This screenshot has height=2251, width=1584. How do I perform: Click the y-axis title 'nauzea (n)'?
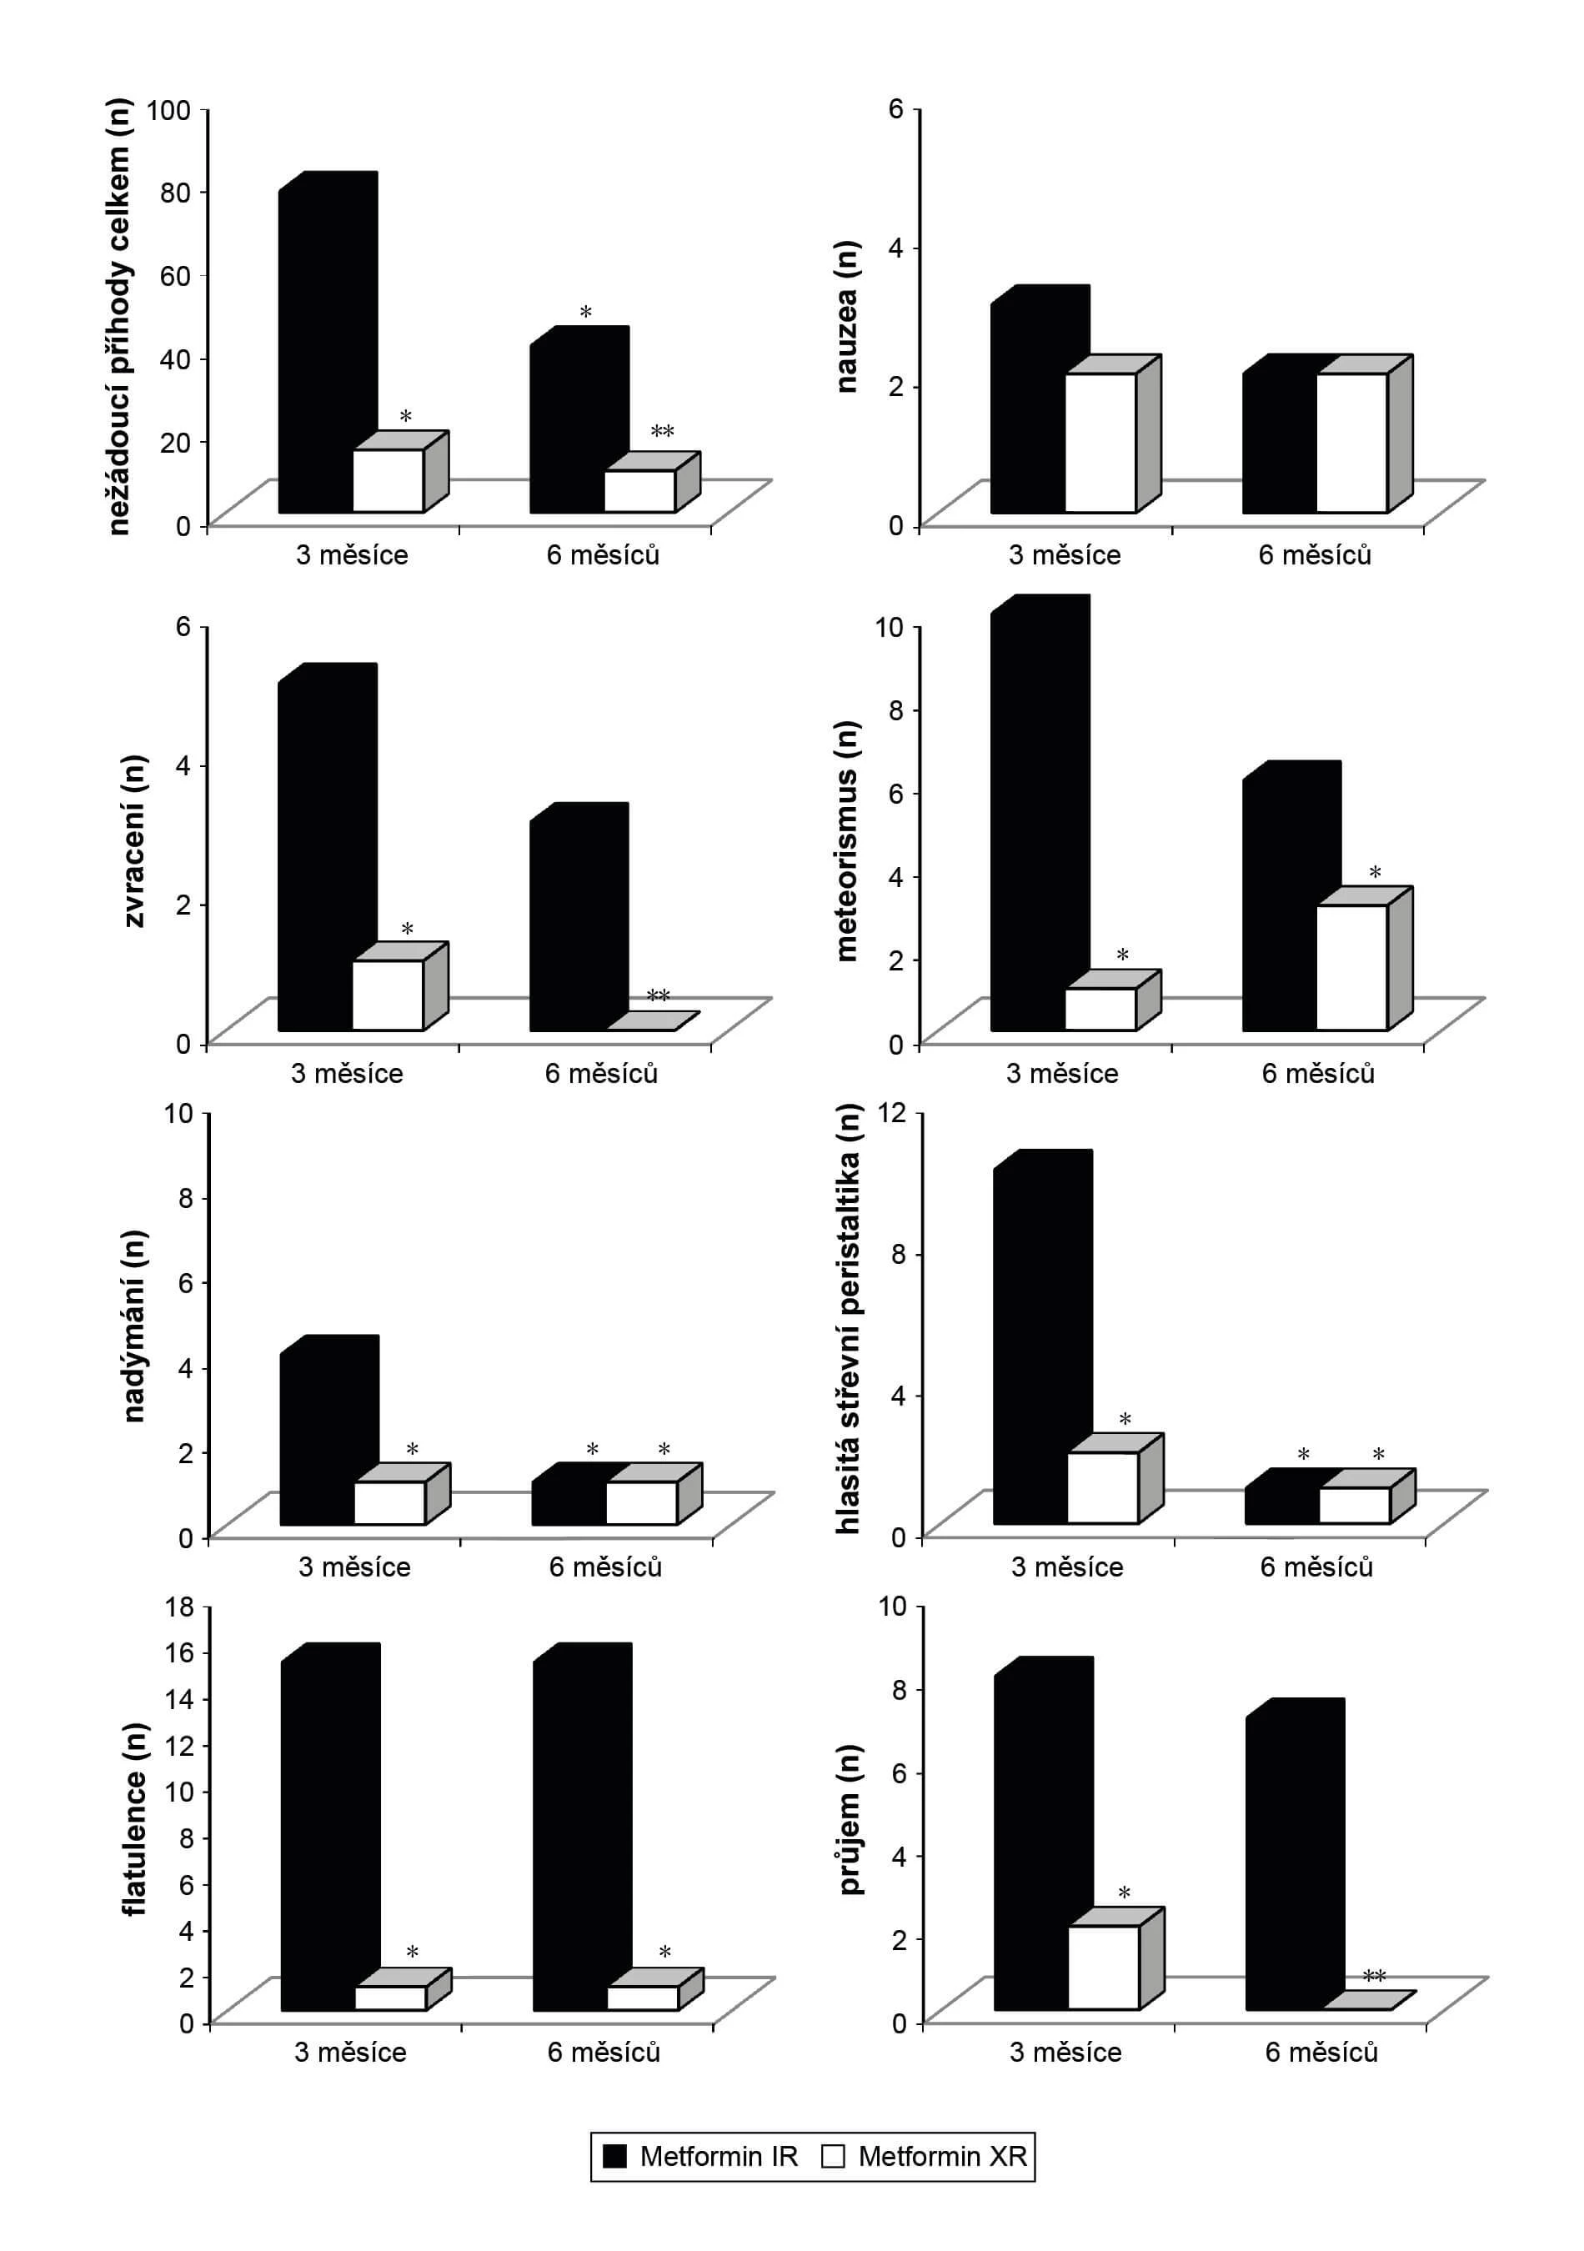tap(846, 316)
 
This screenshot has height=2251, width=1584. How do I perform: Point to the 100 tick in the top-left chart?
tap(168, 109)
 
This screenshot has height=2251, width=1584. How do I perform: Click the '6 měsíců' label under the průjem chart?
tap(1321, 2052)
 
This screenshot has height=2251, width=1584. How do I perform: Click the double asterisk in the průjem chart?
tap(1374, 1977)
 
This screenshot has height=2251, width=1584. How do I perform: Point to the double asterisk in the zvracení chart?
tap(658, 996)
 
